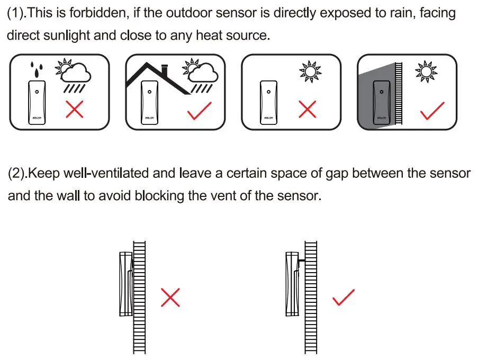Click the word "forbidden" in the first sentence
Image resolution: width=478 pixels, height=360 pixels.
point(98,13)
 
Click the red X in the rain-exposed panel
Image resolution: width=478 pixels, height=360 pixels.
point(74,110)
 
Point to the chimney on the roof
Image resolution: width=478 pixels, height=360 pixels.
point(165,69)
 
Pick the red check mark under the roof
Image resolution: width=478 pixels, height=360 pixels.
point(200,110)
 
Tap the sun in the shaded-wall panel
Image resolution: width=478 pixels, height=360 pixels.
point(426,71)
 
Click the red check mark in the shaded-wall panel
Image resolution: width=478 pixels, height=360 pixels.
point(432,111)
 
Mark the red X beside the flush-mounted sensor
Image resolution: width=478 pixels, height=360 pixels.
point(170,298)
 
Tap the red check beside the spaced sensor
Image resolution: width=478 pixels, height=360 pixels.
point(344,298)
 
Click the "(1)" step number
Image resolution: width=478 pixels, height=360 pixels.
point(16,13)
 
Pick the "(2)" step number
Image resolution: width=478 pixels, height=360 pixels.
point(16,173)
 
